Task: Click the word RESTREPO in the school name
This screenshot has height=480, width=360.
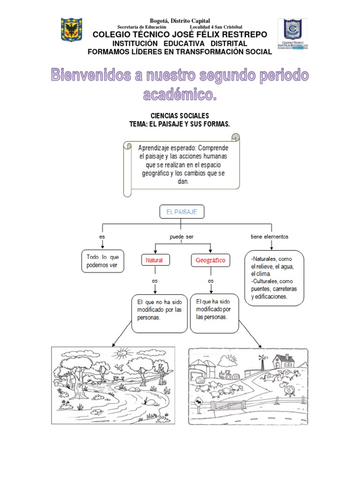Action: pyautogui.click(x=244, y=35)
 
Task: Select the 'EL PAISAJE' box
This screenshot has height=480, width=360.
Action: pyautogui.click(x=181, y=212)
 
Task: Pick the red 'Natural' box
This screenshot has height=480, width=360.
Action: pyautogui.click(x=155, y=260)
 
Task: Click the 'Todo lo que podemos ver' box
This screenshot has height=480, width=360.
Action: pyautogui.click(x=103, y=261)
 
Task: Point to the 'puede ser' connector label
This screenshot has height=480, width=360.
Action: pyautogui.click(x=181, y=237)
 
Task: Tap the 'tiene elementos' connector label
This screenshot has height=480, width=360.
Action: pyautogui.click(x=270, y=237)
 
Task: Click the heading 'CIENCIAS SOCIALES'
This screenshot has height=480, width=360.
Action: pyautogui.click(x=180, y=116)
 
